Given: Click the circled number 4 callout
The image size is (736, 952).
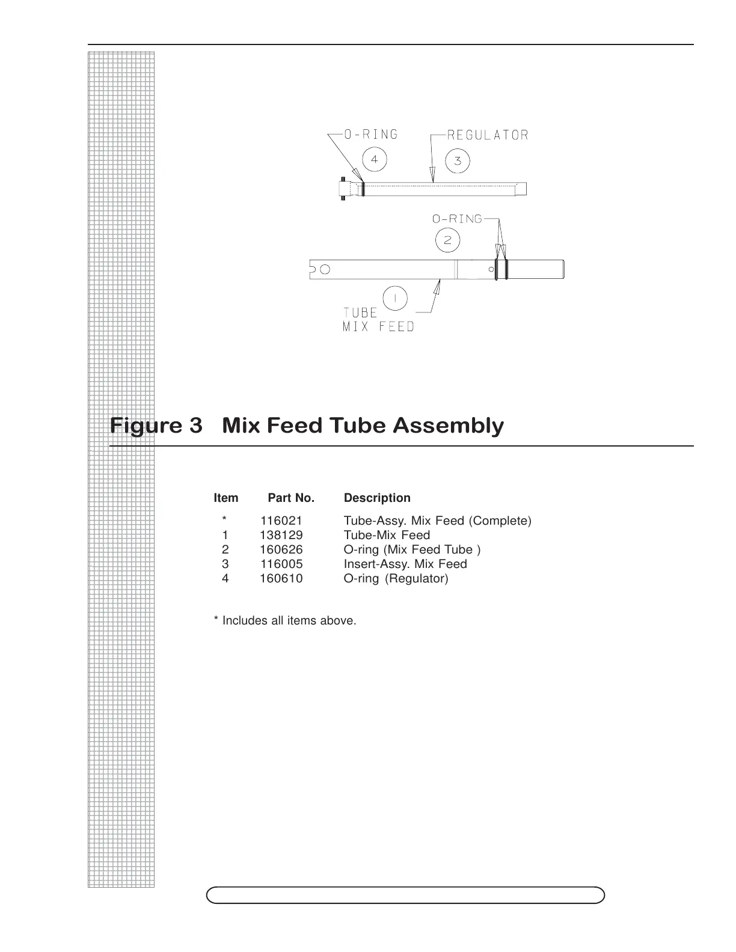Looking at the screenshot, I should click(375, 159).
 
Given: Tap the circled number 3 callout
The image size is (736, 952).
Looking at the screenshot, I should click(458, 160).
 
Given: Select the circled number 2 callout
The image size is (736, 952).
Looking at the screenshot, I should click(447, 241).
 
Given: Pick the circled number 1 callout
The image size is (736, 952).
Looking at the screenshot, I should click(395, 299).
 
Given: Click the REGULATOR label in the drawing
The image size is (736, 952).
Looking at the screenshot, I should click(488, 135).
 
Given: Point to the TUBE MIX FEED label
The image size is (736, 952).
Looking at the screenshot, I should click(378, 320).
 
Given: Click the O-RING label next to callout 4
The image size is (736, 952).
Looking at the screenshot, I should click(370, 134).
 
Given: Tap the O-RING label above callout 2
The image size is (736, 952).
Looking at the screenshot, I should click(457, 219).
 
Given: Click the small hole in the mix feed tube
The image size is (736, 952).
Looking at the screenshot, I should click(325, 269).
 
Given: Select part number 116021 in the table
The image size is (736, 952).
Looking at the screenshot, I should click(281, 520).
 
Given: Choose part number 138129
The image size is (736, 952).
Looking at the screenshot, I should click(281, 535).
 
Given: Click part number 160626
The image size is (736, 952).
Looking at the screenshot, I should click(281, 549).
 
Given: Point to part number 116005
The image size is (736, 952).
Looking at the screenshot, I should click(281, 564).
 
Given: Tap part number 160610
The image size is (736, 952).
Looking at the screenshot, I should click(281, 578).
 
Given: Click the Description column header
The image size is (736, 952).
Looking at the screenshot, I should click(377, 498).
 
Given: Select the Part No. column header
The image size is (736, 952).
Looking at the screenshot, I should click(291, 498).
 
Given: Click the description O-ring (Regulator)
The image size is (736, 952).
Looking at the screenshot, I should click(396, 578).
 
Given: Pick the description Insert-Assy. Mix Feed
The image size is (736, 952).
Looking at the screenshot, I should click(405, 564).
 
